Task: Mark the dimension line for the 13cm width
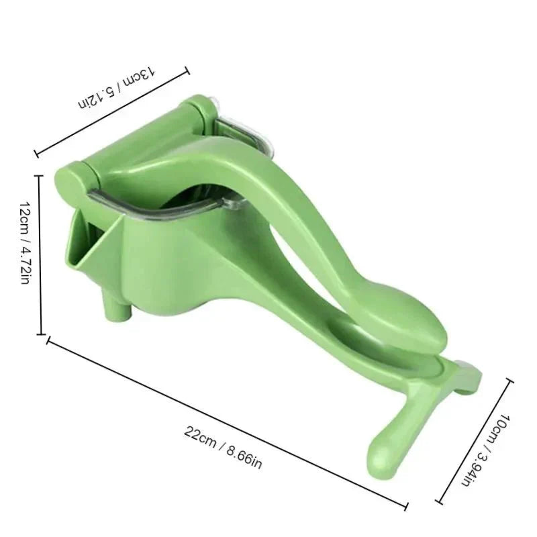click(x=111, y=111)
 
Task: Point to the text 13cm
click(x=142, y=76)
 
